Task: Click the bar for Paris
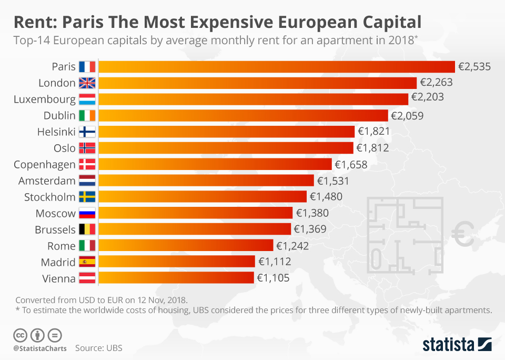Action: point(276,67)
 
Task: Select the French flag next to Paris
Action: point(87,67)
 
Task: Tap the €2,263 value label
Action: point(436,83)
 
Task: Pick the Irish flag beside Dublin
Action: point(87,115)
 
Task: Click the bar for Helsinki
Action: point(226,132)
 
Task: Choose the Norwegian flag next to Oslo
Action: point(87,148)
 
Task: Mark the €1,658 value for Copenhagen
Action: point(351,164)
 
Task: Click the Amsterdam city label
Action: point(47,181)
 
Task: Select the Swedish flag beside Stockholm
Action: point(87,197)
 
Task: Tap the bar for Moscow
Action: point(195,213)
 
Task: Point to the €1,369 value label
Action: point(310,229)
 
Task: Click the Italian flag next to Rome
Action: point(87,246)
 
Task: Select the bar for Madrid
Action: point(176,262)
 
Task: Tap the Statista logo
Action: point(457,345)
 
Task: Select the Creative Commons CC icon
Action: point(21,335)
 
